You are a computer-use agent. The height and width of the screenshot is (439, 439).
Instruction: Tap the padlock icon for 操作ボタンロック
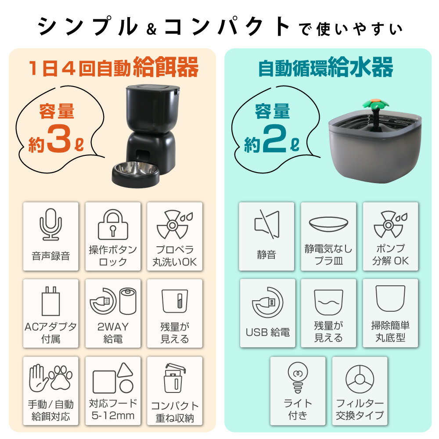point(113,225)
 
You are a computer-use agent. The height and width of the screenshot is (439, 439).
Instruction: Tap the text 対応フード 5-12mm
point(113,409)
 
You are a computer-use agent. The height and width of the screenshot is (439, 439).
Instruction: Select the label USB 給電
point(267,332)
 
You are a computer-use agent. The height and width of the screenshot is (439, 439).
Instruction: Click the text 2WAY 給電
point(113,332)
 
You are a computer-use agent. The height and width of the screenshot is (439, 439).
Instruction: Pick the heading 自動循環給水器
point(325,68)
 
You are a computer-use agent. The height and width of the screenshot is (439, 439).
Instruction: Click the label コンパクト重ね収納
point(175,412)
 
